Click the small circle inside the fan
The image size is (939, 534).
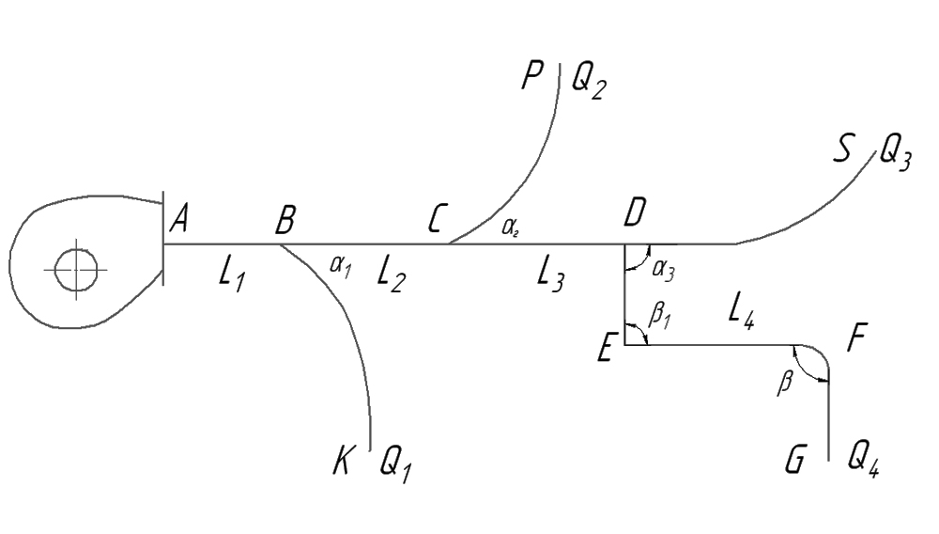(75, 271)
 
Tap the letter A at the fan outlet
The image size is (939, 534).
(181, 222)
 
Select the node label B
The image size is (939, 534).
(285, 222)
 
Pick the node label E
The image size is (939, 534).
(606, 352)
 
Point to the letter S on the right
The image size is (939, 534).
(846, 147)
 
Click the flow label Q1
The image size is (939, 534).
(395, 463)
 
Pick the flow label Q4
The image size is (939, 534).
(863, 460)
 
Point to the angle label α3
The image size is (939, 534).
(662, 271)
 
